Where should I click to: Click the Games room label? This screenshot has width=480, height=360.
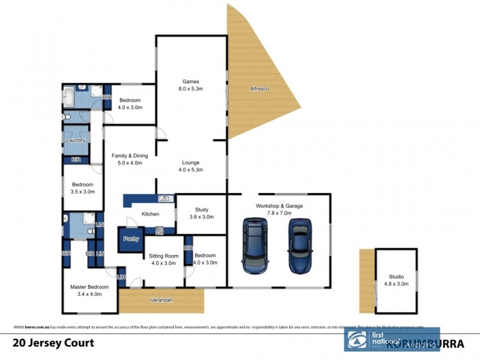191,85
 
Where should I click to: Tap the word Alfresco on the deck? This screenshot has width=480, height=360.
259,89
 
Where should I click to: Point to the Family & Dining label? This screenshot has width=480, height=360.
130,159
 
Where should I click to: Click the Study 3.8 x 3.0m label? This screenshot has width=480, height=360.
201,213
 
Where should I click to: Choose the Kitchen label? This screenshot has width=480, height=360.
150,214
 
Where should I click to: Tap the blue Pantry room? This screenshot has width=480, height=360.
131,239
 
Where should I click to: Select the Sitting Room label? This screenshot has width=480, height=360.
163,259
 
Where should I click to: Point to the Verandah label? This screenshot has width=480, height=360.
161,300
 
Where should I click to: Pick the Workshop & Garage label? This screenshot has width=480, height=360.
279,209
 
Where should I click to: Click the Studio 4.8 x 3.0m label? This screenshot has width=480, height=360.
396,280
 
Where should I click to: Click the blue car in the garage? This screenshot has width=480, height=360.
300,245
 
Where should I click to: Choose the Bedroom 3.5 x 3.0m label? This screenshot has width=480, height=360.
83,188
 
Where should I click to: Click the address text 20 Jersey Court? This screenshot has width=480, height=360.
53,343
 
